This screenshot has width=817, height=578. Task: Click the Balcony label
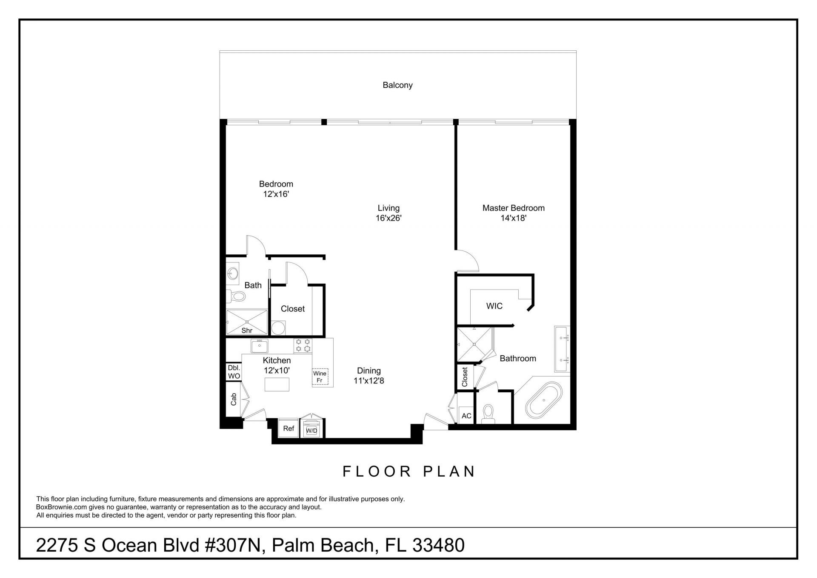point(397,85)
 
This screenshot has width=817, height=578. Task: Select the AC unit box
point(466,415)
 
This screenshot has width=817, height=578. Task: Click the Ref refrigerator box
point(289,428)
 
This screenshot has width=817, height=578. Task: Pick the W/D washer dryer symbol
point(311,430)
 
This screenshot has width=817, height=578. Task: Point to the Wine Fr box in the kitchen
point(320,377)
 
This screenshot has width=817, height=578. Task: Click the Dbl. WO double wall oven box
point(234,372)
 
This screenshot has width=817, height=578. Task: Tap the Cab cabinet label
point(233,399)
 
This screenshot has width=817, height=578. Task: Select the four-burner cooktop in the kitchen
point(303,345)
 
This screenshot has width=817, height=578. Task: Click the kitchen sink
point(259,346)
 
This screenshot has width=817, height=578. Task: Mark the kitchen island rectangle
point(277,384)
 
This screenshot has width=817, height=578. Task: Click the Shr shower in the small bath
point(246,322)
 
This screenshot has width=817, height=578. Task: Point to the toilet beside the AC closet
point(488,413)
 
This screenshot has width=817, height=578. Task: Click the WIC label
point(494,306)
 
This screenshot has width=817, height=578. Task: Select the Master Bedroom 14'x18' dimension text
point(513,218)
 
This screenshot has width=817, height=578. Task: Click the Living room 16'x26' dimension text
point(389,218)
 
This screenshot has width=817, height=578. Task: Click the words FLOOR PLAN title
point(408,472)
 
